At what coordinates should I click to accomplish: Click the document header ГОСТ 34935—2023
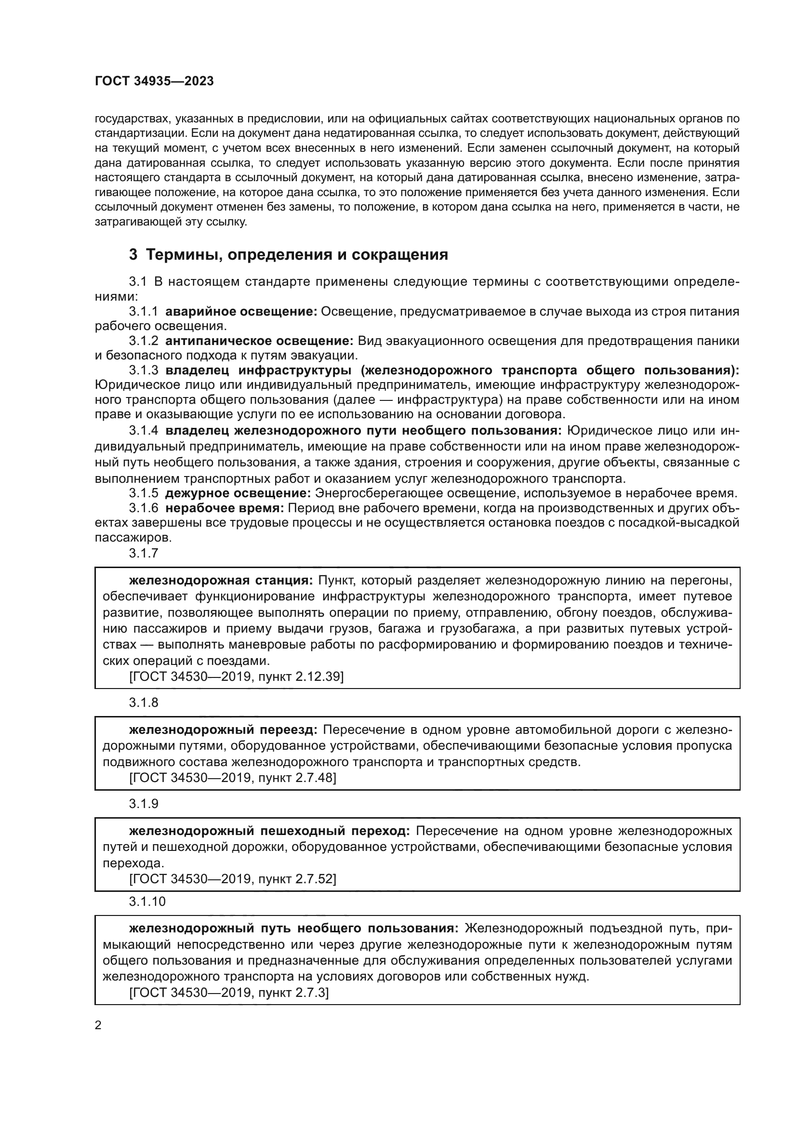154,81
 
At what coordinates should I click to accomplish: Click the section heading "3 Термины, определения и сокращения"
288,255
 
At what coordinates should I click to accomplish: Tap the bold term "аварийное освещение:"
241,312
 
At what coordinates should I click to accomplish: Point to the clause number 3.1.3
144,371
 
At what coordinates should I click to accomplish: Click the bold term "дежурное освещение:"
238,493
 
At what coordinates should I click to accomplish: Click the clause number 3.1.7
144,553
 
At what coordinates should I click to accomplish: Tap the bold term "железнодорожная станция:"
221,581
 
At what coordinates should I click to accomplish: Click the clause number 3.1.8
144,703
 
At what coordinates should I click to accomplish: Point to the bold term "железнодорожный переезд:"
223,730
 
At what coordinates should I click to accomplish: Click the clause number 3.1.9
144,804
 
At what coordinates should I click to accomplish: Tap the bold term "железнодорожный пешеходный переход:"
269,831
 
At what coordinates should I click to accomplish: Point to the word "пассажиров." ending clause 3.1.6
133,538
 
